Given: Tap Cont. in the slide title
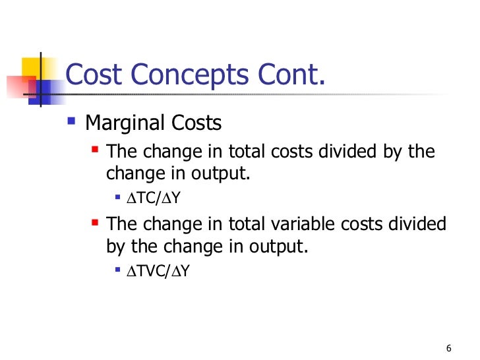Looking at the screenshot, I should click(x=291, y=75).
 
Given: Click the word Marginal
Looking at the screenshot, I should click(x=124, y=123).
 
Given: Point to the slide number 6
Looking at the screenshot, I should click(x=449, y=348).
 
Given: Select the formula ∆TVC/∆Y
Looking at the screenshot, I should click(x=158, y=270).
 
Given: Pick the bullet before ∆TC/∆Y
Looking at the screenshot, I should click(x=117, y=196).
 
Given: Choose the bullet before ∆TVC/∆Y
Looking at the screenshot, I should click(x=117, y=270).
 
